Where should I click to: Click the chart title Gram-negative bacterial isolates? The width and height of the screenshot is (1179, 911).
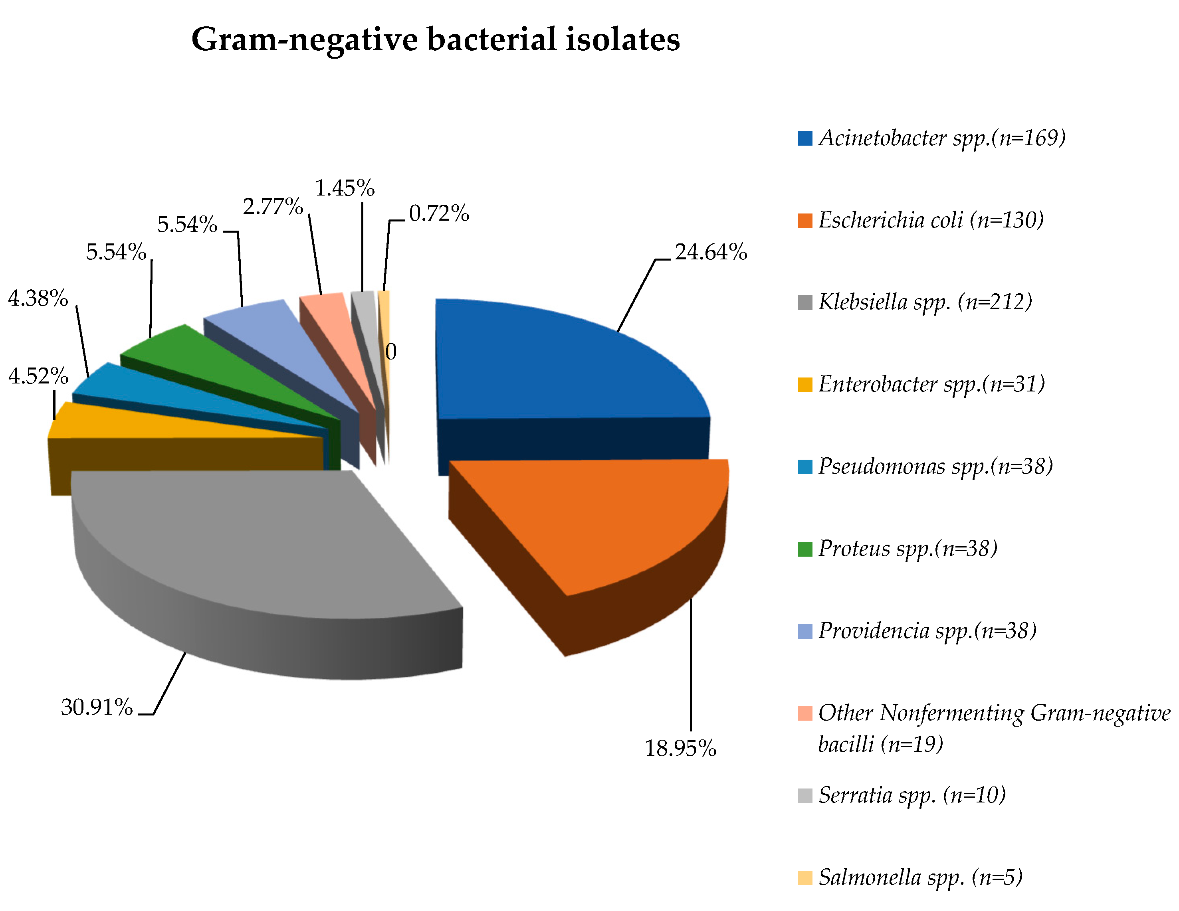435,40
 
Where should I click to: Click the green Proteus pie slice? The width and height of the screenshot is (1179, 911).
216,367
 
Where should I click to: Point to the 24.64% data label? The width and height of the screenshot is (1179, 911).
710,252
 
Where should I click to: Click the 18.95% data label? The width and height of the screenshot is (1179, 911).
680,748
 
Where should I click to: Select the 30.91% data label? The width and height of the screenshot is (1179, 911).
97,707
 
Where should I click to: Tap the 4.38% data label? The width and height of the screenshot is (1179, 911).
38,298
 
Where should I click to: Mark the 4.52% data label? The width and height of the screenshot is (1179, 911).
38,375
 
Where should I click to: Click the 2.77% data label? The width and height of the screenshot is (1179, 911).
273,206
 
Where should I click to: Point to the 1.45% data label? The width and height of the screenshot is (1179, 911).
345,188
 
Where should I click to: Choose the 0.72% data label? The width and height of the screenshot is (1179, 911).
438,213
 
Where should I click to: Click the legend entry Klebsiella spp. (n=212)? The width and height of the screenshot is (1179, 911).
924,302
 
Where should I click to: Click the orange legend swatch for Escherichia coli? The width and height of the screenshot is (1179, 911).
804,220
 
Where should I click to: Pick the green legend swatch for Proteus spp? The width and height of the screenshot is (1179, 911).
804,548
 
